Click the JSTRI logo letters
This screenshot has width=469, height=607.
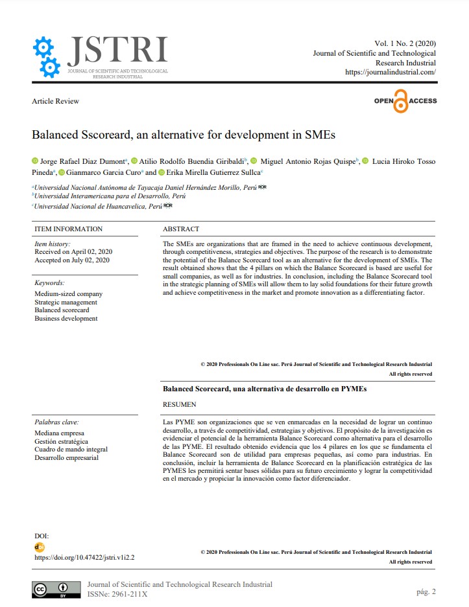pyautogui.click(x=117, y=50)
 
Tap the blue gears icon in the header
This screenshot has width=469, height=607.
pyautogui.click(x=46, y=56)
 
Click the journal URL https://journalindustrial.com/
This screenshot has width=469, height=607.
pyautogui.click(x=391, y=73)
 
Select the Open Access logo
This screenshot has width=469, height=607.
pyautogui.click(x=405, y=101)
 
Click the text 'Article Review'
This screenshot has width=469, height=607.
pyautogui.click(x=55, y=101)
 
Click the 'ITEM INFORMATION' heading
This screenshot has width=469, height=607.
pyautogui.click(x=68, y=229)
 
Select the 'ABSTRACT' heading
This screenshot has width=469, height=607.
pyautogui.click(x=181, y=229)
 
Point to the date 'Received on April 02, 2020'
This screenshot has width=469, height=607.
pyautogui.click(x=73, y=251)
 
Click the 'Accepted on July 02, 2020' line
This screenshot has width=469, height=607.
pyautogui.click(x=72, y=260)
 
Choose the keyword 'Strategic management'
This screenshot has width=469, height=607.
pyautogui.click(x=66, y=303)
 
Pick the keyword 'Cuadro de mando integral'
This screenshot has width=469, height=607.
pyautogui.click(x=71, y=450)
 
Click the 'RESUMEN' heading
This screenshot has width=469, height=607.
pyautogui.click(x=179, y=404)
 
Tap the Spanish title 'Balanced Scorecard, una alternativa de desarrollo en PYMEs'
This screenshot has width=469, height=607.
pyautogui.click(x=264, y=389)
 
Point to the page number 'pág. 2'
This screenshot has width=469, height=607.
pyautogui.click(x=426, y=591)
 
